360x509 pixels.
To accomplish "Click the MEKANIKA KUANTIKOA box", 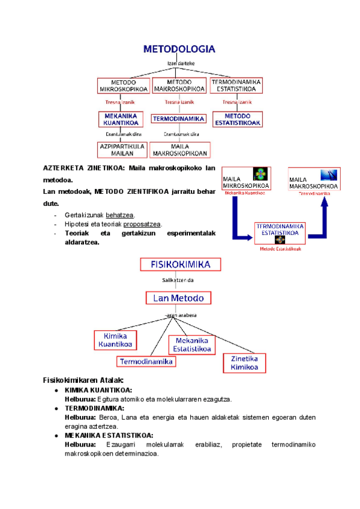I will coord(121,119).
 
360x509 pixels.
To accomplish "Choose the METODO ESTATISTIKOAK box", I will coord(237,119).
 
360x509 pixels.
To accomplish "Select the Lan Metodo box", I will coord(178,298).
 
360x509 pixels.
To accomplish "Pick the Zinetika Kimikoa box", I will coord(244,363).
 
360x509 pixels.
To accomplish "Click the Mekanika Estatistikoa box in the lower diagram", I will coord(191,345).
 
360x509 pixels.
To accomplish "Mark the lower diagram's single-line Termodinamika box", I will coord(146,361).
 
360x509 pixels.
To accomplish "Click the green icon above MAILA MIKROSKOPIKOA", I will coord(260,174).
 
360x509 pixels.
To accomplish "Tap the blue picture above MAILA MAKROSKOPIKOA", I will coord(328,175).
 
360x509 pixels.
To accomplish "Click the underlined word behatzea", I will coord(120,215).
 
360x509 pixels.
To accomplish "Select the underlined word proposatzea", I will coord(142,224).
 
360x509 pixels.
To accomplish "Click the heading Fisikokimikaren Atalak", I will coord(83,380).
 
